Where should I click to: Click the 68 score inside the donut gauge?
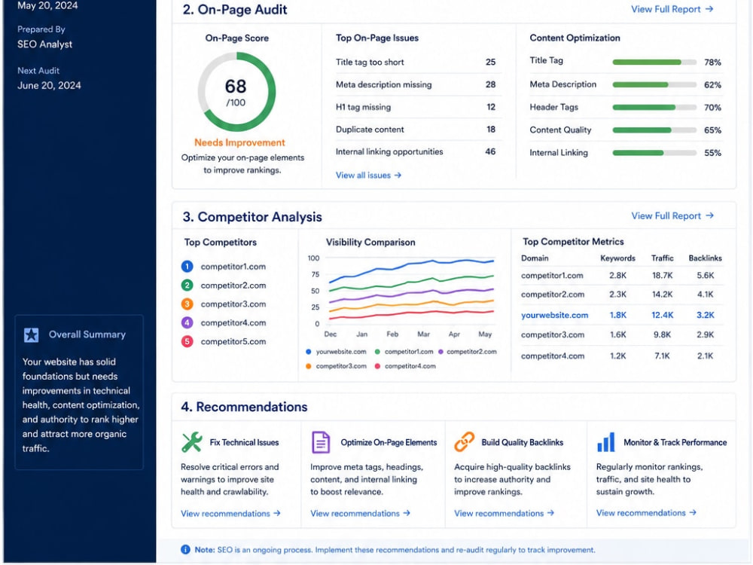(x=235, y=87)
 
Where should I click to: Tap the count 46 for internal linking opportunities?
(x=490, y=152)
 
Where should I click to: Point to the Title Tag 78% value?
(x=712, y=62)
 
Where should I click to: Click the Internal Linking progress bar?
(x=654, y=153)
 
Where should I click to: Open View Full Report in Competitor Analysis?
(x=672, y=215)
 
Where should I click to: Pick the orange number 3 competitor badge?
(x=187, y=304)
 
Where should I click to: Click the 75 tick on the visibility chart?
(x=315, y=274)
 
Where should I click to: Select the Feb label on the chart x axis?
(x=392, y=334)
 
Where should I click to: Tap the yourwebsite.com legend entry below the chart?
(x=336, y=352)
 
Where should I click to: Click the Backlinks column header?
(x=705, y=258)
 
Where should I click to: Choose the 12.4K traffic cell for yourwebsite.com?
(x=662, y=315)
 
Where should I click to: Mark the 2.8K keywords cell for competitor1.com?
(x=617, y=275)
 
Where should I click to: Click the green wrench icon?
(x=191, y=442)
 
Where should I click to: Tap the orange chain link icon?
(x=464, y=442)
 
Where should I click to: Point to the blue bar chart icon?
(x=605, y=442)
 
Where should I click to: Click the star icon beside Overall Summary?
(x=31, y=335)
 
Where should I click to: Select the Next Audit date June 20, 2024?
(x=49, y=86)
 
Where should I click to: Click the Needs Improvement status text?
(x=239, y=142)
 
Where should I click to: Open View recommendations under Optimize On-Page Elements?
(x=360, y=513)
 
